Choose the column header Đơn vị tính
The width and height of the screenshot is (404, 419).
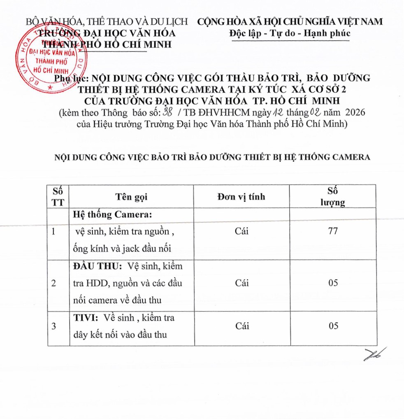point(241,197)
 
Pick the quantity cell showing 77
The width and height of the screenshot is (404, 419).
point(333,231)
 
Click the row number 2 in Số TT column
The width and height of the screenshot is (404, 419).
point(54,284)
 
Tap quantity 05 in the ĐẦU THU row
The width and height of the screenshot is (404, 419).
point(333,284)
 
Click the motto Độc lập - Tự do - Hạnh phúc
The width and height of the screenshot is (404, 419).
point(290,33)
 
